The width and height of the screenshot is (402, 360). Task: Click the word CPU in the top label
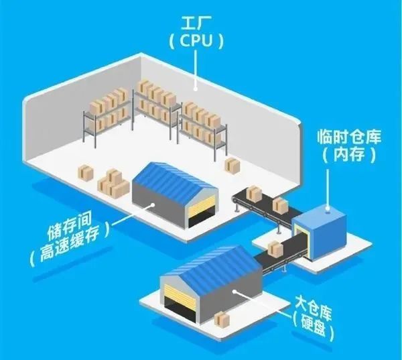196,41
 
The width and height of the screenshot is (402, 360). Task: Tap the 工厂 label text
193,23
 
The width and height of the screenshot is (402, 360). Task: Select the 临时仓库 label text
349,137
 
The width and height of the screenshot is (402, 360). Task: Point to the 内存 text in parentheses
349,155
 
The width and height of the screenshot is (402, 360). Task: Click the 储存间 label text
69,227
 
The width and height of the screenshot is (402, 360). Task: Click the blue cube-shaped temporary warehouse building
320,235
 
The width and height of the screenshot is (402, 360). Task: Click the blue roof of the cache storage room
174,180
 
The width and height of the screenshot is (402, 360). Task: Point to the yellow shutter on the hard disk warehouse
178,293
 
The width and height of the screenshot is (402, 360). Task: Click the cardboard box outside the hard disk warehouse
222,319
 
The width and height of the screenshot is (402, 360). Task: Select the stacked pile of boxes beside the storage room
113,184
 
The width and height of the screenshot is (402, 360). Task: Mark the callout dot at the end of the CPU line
196,90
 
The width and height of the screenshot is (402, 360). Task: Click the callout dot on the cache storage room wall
153,205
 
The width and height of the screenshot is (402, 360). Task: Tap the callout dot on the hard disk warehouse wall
234,291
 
